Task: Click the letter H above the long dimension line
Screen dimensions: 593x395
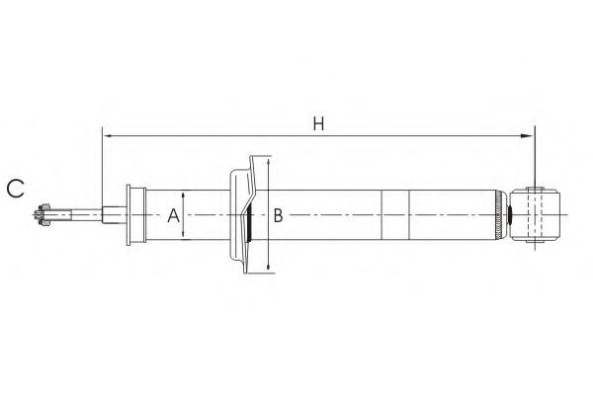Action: click(x=319, y=123)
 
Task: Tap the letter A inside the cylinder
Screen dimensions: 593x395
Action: click(x=174, y=215)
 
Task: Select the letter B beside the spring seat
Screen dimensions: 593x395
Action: click(x=278, y=215)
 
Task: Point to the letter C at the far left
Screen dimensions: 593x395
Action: click(x=16, y=189)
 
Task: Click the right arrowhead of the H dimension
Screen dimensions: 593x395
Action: click(x=527, y=136)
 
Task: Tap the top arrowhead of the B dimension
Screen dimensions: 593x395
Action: click(x=268, y=162)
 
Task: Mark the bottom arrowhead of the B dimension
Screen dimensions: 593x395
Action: click(x=268, y=267)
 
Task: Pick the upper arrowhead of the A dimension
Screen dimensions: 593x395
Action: click(x=183, y=196)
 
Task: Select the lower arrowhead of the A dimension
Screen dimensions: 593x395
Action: click(x=183, y=235)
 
